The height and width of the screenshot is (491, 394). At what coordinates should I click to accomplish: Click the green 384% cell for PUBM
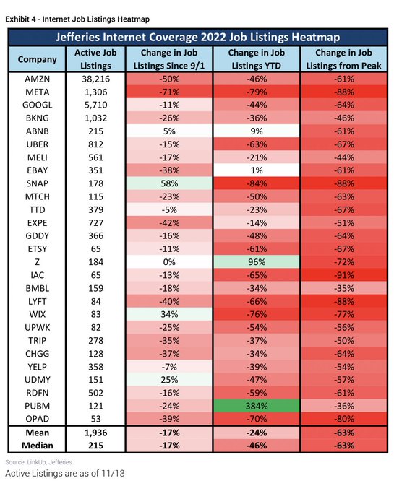click(256, 406)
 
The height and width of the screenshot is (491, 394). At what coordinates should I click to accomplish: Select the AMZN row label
click(38, 79)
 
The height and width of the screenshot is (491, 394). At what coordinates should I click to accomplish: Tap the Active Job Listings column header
click(95, 59)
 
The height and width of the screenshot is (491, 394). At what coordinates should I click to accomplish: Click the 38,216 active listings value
click(95, 79)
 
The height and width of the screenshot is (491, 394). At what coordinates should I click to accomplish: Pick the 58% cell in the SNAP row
click(169, 183)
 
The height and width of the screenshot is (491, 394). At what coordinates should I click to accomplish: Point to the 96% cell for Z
click(256, 262)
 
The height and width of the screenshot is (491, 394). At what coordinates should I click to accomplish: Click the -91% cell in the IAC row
click(344, 275)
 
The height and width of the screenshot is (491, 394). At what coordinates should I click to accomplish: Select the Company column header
click(38, 59)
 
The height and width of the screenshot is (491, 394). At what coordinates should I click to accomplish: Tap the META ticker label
click(38, 92)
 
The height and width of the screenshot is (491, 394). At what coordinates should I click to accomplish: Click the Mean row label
click(38, 433)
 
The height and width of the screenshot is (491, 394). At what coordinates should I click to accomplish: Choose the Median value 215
click(95, 446)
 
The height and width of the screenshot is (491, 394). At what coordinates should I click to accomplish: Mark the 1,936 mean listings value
click(95, 433)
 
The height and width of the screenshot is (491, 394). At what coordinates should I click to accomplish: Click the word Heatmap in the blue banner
click(315, 38)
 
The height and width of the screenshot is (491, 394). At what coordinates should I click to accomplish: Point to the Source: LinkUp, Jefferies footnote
click(38, 462)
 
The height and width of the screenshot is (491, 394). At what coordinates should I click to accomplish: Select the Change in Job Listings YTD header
click(257, 59)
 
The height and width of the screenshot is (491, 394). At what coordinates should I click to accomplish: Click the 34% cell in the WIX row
click(169, 314)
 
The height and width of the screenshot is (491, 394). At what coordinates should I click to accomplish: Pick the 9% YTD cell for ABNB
click(256, 131)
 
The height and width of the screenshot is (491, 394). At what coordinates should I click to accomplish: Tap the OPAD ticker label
click(38, 419)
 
